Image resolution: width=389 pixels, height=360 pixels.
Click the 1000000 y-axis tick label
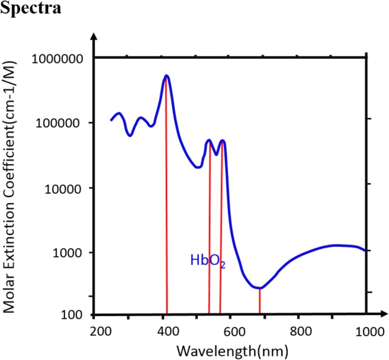point(60,58)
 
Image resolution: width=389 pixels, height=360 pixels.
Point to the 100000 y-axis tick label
point(63,123)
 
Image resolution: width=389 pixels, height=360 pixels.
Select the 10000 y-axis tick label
point(66,188)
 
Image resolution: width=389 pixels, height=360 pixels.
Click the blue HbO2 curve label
point(208,261)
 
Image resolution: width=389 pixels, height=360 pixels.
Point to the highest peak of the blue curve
point(166,76)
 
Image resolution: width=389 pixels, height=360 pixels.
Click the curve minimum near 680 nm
point(259,288)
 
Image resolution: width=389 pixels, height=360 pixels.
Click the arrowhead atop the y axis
point(92,37)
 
